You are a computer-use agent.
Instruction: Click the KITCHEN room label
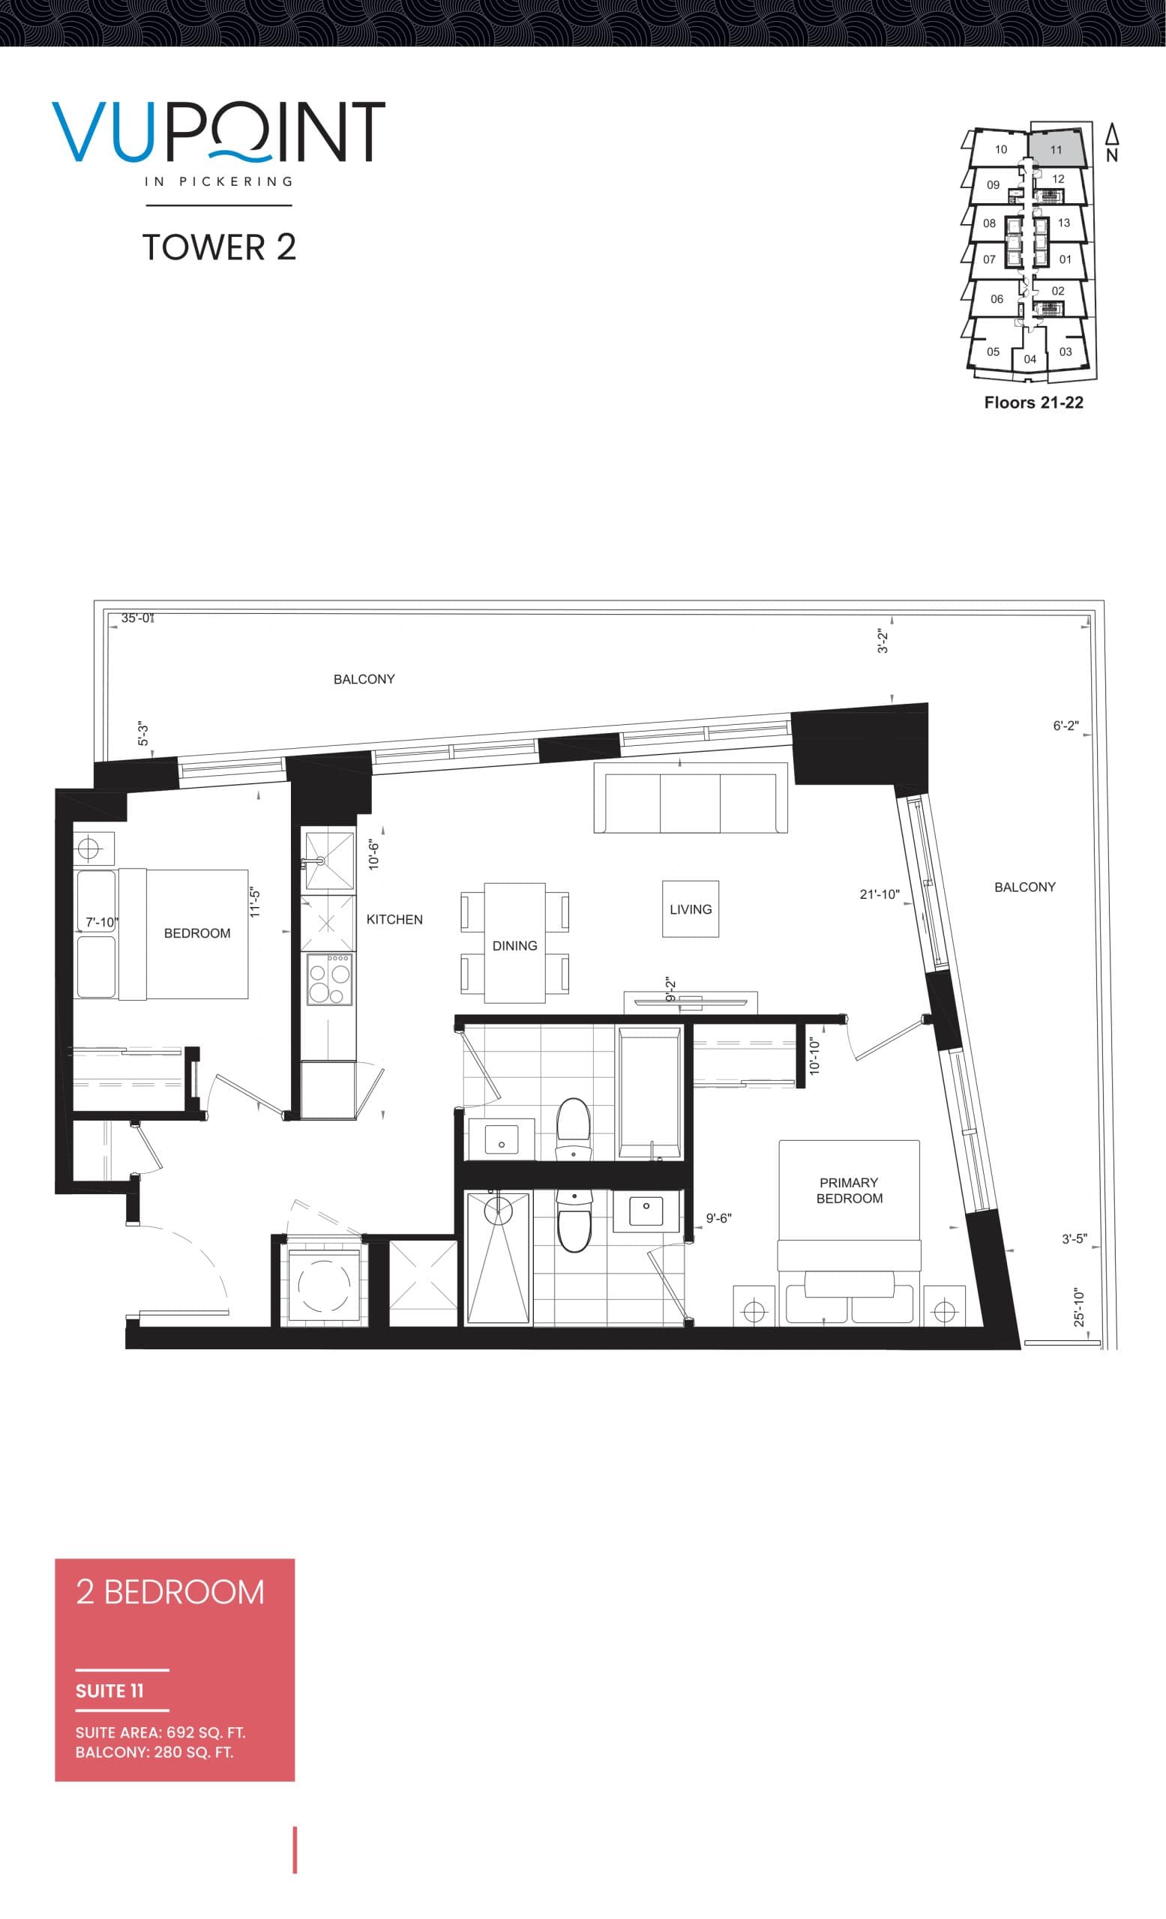(x=394, y=919)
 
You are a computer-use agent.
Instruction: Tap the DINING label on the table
(x=514, y=945)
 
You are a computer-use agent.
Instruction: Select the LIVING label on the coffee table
(x=690, y=909)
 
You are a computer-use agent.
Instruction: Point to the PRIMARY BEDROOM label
(x=849, y=1190)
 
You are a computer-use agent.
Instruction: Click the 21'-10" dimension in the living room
(x=879, y=894)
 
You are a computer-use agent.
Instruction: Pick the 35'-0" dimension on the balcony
(x=137, y=618)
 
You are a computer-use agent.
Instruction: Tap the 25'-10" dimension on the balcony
(x=1079, y=1307)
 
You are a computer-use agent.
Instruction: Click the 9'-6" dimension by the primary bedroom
(x=718, y=1218)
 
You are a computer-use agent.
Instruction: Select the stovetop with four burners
(x=329, y=978)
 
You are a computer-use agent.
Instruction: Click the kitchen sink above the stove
(x=328, y=861)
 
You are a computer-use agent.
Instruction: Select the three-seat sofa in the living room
(x=690, y=798)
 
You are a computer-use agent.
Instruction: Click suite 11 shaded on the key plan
(x=1055, y=148)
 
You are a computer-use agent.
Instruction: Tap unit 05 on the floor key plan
(x=992, y=352)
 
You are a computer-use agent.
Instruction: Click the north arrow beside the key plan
(x=1111, y=142)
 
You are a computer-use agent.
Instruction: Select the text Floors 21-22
(x=1033, y=403)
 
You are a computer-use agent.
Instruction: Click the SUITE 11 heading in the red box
(x=109, y=1691)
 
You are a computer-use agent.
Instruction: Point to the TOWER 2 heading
(x=219, y=247)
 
